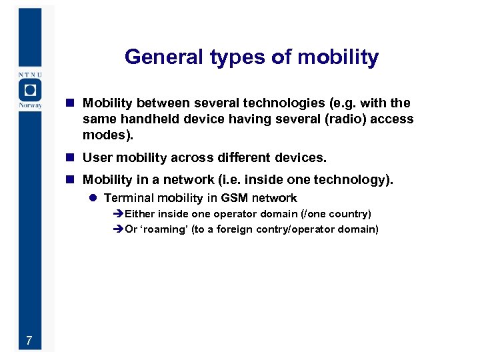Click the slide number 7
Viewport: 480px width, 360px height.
29,341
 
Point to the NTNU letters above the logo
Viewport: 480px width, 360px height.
29,75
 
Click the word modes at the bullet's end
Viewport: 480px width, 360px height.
106,135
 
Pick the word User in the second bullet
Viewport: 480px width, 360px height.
97,158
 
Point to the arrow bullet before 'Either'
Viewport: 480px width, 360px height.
119,215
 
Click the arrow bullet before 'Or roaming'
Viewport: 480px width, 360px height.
119,230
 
